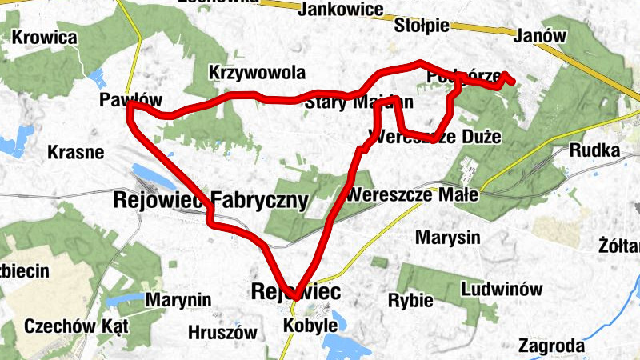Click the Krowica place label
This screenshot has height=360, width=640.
(45, 38)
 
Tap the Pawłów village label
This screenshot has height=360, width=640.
(130, 100)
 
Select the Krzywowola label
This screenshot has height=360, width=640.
(257, 73)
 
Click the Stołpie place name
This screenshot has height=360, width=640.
(422, 26)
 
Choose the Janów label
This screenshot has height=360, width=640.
(542, 36)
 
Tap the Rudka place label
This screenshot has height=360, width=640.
(594, 150)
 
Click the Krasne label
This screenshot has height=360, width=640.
(75, 152)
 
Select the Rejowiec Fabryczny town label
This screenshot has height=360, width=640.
(211, 200)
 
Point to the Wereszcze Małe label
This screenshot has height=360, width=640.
(413, 195)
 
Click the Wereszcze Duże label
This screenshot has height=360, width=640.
(435, 137)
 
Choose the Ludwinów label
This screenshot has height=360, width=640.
(502, 289)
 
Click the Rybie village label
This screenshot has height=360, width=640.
(410, 301)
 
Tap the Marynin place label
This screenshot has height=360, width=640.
(178, 300)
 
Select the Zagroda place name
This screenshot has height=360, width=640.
(550, 346)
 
